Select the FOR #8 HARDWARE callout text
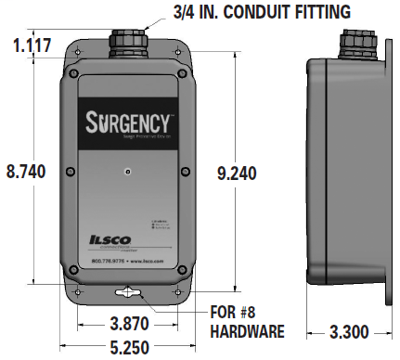(x=245, y=321)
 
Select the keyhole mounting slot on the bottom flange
(x=129, y=292)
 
